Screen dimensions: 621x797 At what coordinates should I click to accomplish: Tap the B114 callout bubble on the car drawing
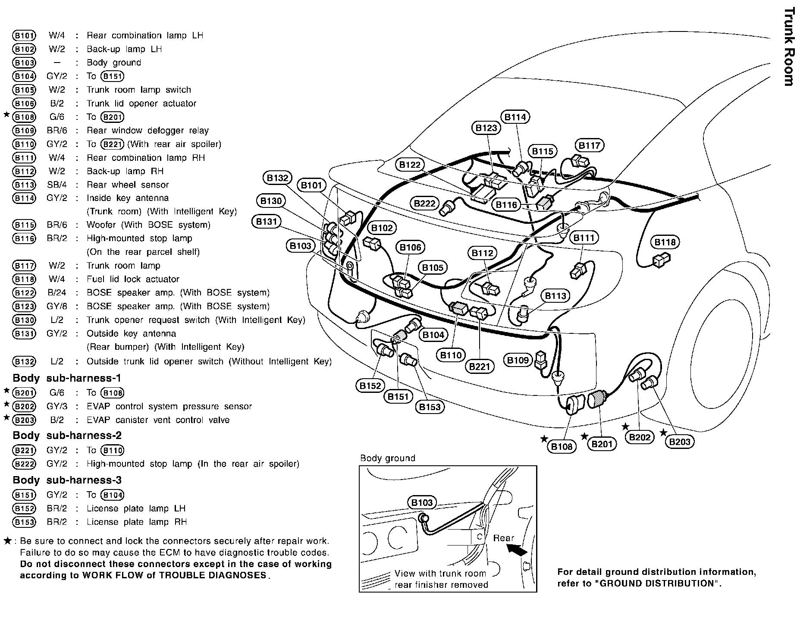[515, 117]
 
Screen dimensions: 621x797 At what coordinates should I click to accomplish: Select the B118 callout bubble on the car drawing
[665, 242]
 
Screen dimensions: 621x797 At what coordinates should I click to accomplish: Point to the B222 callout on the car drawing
[425, 203]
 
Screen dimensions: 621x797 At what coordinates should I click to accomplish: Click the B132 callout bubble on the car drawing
[277, 178]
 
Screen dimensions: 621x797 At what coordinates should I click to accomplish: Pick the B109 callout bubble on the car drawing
[518, 360]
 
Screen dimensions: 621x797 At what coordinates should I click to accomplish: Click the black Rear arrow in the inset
[518, 549]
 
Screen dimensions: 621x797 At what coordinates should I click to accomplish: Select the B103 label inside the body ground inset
[422, 502]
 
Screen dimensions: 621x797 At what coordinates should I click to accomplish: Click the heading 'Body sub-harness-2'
[67, 435]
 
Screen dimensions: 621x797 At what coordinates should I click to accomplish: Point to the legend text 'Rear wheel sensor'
[128, 185]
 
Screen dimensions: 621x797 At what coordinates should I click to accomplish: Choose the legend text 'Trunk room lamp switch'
[139, 90]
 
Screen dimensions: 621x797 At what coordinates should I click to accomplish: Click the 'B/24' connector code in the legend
[57, 293]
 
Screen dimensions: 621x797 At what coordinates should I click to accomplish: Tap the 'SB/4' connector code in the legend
[57, 185]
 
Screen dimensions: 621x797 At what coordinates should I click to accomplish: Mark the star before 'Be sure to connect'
[7, 541]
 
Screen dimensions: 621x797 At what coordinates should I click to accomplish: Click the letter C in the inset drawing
[479, 537]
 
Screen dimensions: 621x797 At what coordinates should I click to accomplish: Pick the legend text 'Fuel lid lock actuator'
[133, 279]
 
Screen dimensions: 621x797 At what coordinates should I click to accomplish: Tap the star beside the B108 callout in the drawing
[545, 439]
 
